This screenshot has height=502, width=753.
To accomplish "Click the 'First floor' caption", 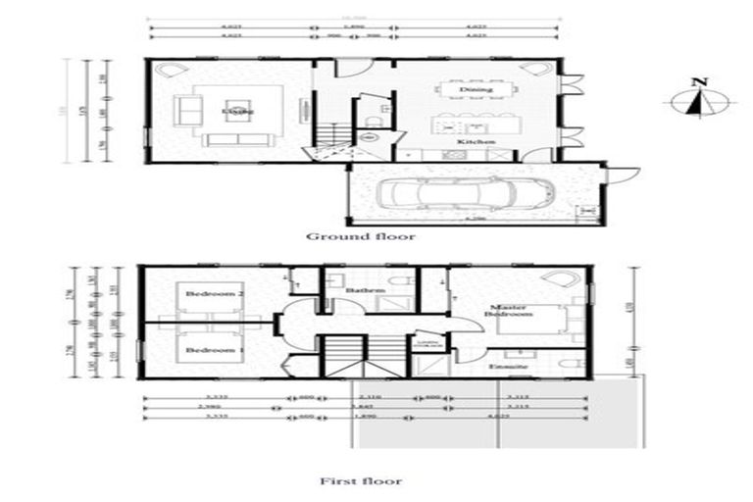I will (x=361, y=481).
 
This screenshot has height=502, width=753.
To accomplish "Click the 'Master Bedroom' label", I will (x=511, y=313).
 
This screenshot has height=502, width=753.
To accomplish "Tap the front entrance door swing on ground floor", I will (x=359, y=70).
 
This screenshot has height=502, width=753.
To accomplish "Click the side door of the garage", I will (x=617, y=175).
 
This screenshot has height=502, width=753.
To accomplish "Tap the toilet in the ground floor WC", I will (x=365, y=120).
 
